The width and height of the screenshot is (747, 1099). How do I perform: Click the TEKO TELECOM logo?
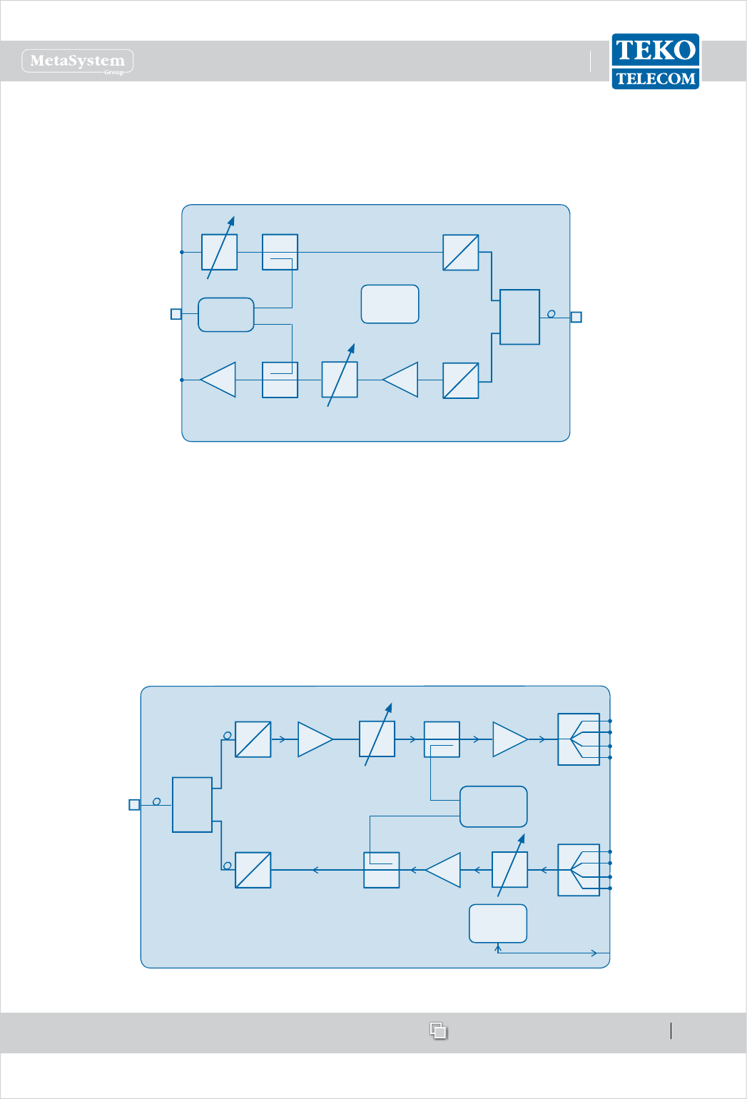655,61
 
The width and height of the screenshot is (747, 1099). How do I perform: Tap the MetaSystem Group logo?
78,61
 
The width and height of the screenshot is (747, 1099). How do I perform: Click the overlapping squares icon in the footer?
438,1030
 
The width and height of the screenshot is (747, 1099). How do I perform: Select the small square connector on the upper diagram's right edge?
576,317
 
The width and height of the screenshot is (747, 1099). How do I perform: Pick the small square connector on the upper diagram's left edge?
176,314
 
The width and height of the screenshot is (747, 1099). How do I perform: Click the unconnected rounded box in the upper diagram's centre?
390,304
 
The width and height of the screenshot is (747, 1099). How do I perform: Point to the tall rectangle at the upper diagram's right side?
519,317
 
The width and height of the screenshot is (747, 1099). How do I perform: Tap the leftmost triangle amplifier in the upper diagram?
219,380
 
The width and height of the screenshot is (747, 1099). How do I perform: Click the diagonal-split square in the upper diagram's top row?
460,253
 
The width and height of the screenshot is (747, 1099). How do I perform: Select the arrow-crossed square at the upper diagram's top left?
220,252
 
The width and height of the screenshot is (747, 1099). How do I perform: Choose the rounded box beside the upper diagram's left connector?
225,315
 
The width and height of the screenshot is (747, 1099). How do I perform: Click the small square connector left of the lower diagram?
134,805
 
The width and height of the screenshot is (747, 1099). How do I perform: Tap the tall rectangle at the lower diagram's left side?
192,805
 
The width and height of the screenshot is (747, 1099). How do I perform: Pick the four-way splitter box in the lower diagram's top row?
579,739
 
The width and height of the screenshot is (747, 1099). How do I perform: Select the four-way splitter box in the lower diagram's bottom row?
579,870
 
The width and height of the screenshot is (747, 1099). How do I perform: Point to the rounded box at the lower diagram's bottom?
498,923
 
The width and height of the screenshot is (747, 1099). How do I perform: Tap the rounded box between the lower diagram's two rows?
494,806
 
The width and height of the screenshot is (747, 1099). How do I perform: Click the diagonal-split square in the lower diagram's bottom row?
253,870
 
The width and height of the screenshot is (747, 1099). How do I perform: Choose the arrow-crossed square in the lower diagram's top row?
377,739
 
